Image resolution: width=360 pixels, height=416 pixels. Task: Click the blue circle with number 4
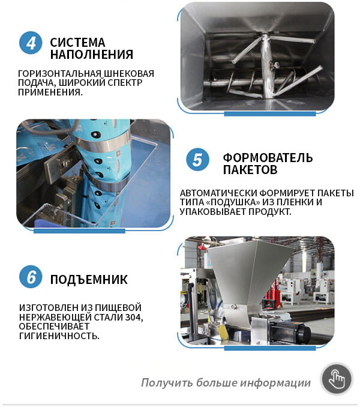[x=31, y=43]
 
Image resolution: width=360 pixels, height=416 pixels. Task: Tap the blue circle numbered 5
[x=197, y=160]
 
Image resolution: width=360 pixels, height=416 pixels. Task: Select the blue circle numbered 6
[x=31, y=277]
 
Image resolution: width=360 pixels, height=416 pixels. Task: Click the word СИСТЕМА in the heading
[x=77, y=43]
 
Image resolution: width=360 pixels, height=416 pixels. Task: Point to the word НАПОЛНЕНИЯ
[x=92, y=55]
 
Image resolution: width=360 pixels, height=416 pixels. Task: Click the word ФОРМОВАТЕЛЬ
[x=268, y=158]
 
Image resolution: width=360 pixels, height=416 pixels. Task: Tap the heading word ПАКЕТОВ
[x=250, y=169]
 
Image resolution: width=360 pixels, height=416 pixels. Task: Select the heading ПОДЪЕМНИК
[x=89, y=280]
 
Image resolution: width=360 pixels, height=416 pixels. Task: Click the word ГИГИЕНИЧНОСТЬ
[x=59, y=336]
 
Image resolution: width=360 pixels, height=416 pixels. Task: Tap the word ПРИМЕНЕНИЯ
[x=50, y=92]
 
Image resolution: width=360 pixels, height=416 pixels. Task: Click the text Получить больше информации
[x=226, y=383]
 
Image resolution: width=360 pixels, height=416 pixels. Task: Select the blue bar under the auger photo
[x=270, y=114]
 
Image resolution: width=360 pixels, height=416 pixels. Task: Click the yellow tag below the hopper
[x=223, y=331]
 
